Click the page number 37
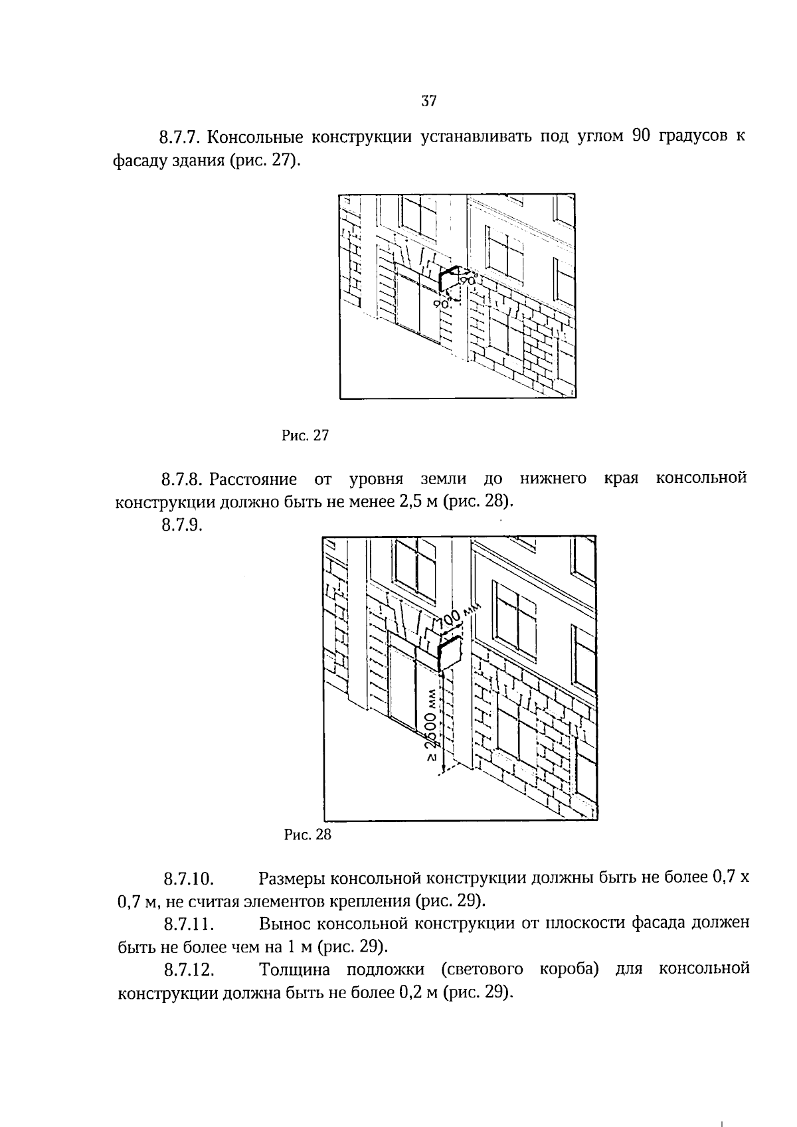tap(428, 102)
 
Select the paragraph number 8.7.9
tap(181, 525)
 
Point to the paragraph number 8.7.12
tap(189, 970)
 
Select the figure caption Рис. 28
tap(307, 835)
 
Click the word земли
tap(444, 478)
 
